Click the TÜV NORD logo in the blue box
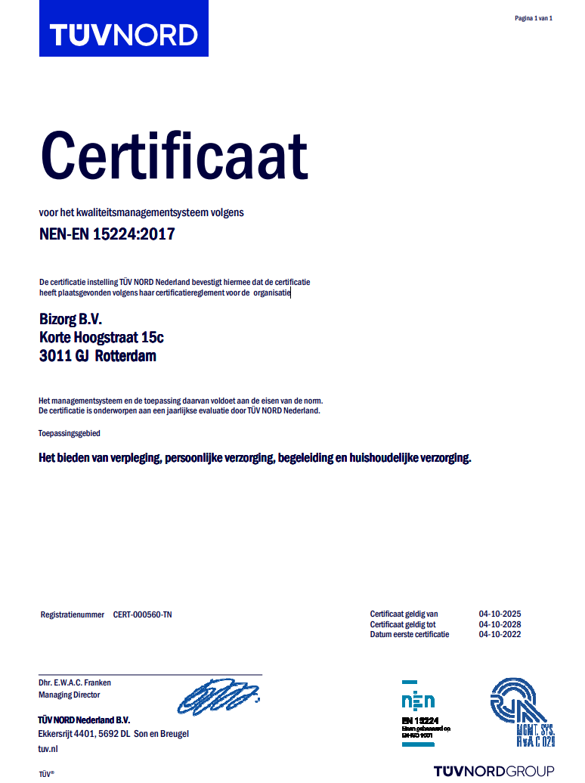point(123,34)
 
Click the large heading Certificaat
point(174,156)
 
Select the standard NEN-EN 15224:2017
point(107,234)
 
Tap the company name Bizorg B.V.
point(70,320)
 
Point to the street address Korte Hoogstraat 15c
point(101,338)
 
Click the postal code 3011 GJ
point(63,356)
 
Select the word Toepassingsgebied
point(70,434)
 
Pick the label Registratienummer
point(72,615)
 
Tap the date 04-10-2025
point(500,614)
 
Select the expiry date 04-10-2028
point(500,624)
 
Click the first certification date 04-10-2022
point(500,634)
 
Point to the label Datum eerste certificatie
point(409,634)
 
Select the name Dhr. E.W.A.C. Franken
point(75,682)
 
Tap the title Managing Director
point(69,695)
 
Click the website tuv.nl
point(48,749)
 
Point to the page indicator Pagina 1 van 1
point(534,18)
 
